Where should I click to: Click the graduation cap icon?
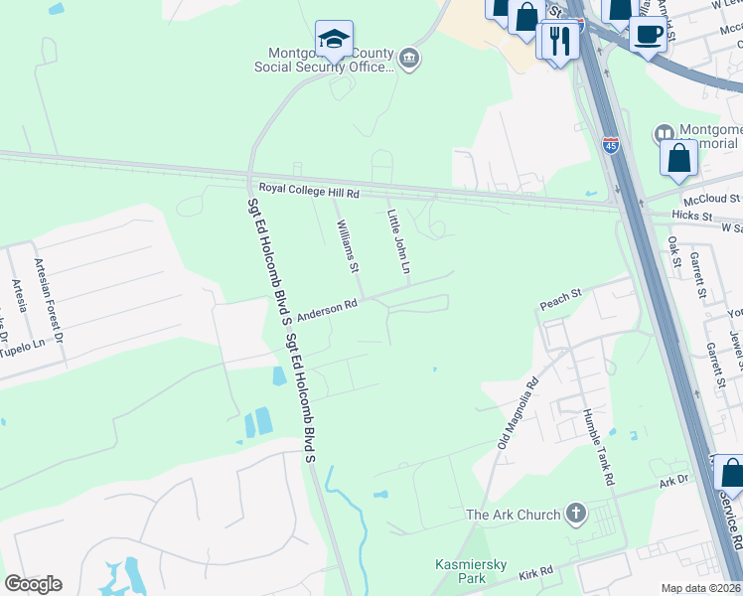334,40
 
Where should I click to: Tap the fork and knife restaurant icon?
558,40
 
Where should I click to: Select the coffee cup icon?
649,34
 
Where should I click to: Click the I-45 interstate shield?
610,146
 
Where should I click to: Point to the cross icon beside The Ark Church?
575,514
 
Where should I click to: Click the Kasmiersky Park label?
471,570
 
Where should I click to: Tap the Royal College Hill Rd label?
309,189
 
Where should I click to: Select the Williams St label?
347,245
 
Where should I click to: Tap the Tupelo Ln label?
24,345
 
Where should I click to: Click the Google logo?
33,584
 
